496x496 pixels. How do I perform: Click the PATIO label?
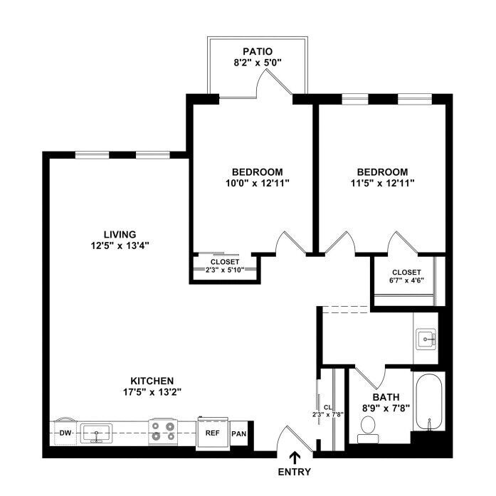(258, 51)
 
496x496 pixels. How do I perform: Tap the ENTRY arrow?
(295, 458)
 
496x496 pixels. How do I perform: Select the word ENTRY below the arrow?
(294, 472)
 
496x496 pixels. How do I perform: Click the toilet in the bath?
(368, 429)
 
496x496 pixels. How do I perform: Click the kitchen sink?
(96, 433)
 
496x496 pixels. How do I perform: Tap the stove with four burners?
(163, 431)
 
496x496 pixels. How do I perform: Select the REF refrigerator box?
(213, 433)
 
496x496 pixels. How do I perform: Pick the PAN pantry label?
(239, 433)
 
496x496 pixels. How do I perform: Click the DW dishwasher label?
(65, 433)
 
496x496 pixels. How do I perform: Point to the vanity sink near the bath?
(426, 339)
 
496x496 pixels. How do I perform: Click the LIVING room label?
(120, 234)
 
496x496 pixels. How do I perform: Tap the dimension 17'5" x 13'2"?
(152, 392)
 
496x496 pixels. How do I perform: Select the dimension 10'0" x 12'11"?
(258, 183)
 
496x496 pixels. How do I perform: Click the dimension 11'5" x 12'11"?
(382, 183)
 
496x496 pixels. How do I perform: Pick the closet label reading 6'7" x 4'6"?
(406, 280)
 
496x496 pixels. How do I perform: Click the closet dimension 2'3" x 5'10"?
(225, 270)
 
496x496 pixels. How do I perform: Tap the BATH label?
(386, 397)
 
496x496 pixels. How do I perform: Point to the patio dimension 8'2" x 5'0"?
(258, 63)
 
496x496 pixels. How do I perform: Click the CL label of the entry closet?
(328, 408)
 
